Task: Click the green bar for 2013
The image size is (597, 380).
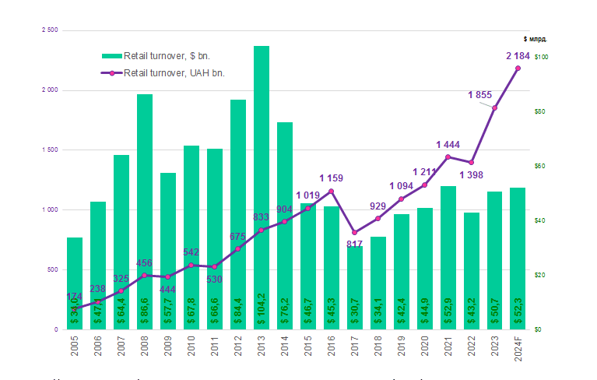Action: pyautogui.click(x=262, y=187)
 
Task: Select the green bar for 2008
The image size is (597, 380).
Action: pyautogui.click(x=145, y=211)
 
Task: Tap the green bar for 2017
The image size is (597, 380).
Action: pyautogui.click(x=355, y=287)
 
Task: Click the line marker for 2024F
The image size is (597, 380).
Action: pyautogui.click(x=518, y=69)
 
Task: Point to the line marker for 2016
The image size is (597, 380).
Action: pyautogui.click(x=332, y=192)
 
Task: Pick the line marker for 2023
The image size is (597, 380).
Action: pyautogui.click(x=494, y=107)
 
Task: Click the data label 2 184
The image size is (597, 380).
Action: pyautogui.click(x=518, y=56)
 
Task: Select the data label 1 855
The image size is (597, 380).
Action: pyautogui.click(x=479, y=95)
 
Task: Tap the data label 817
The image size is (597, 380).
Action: pyautogui.click(x=354, y=245)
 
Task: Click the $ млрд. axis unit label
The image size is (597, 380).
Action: pyautogui.click(x=535, y=38)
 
